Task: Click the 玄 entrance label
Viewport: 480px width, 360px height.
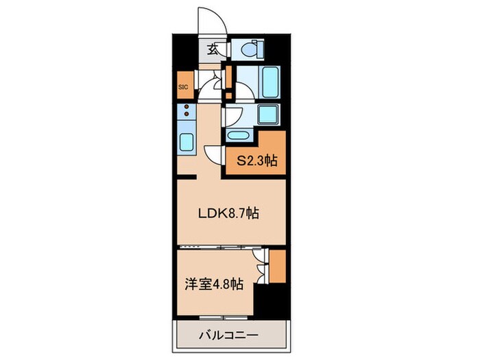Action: (213, 49)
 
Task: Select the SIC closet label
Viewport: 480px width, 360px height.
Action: (183, 86)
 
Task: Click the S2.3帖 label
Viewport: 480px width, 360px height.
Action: (257, 163)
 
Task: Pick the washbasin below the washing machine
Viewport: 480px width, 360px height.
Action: (240, 135)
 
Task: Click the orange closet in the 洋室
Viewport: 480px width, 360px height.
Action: (277, 266)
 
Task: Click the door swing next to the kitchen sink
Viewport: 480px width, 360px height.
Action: (213, 154)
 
